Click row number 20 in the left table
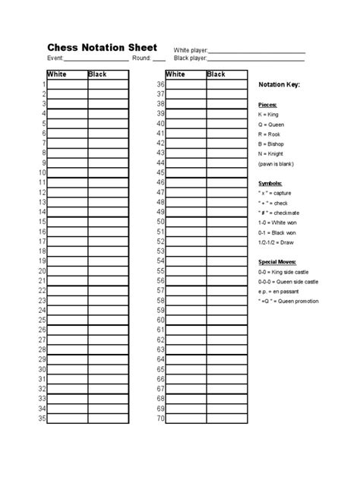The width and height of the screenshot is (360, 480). click(43, 270)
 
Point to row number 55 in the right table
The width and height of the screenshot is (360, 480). click(160, 270)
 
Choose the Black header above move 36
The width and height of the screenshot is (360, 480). click(216, 74)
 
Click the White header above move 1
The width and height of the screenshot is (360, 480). click(58, 74)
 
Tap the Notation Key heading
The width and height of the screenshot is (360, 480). click(279, 84)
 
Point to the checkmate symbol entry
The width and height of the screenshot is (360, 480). click(284, 214)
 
